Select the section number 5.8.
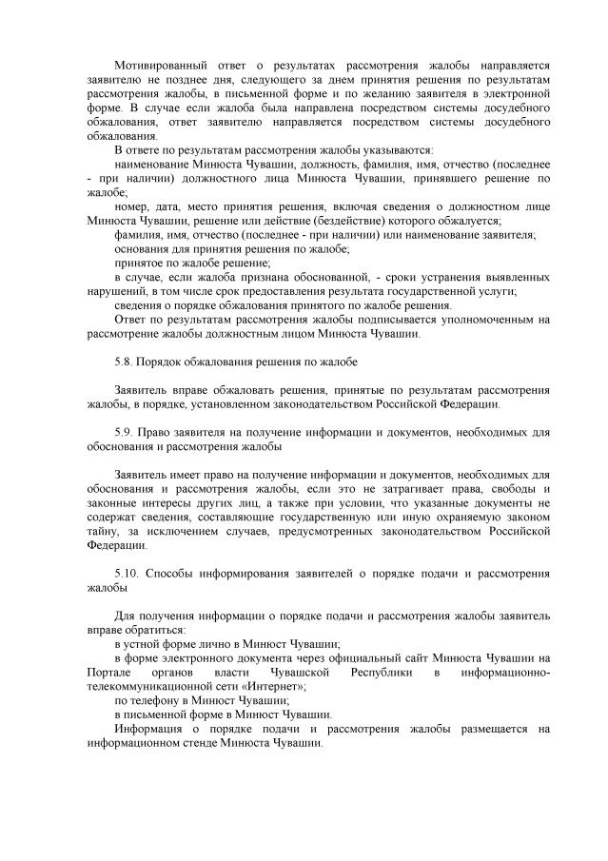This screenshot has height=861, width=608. tap(123, 362)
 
